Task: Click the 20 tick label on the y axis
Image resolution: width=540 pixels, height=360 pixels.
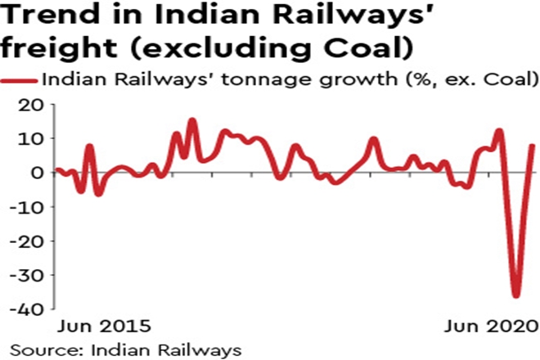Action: click(x=32, y=106)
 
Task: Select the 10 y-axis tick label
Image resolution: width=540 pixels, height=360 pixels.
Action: click(x=32, y=139)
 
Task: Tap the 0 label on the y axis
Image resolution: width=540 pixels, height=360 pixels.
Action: click(x=37, y=173)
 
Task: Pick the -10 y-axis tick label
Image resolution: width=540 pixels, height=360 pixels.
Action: click(x=27, y=207)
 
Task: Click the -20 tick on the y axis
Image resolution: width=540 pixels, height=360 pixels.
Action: click(x=27, y=241)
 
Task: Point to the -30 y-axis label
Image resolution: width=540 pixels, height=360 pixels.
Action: click(x=27, y=276)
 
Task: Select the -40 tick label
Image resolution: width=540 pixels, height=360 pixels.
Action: click(x=27, y=310)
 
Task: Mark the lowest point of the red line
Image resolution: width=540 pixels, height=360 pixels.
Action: click(x=515, y=296)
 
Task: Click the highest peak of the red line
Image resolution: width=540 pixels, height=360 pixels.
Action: click(x=192, y=120)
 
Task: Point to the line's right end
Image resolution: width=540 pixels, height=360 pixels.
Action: click(x=533, y=146)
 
